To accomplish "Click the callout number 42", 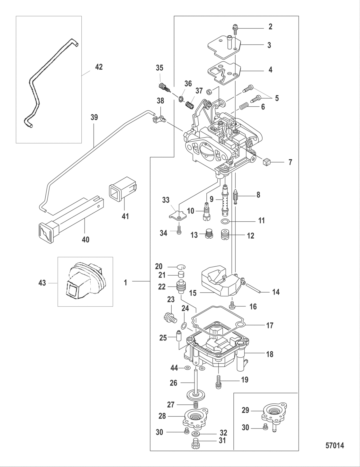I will pyautogui.click(x=99, y=67).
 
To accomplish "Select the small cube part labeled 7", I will pyautogui.click(x=267, y=162).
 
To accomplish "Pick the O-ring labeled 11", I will pyautogui.click(x=225, y=221).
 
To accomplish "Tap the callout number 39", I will pyautogui.click(x=94, y=117).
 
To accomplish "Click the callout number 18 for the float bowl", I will pyautogui.click(x=270, y=354).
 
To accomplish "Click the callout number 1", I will pyautogui.click(x=125, y=282).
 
